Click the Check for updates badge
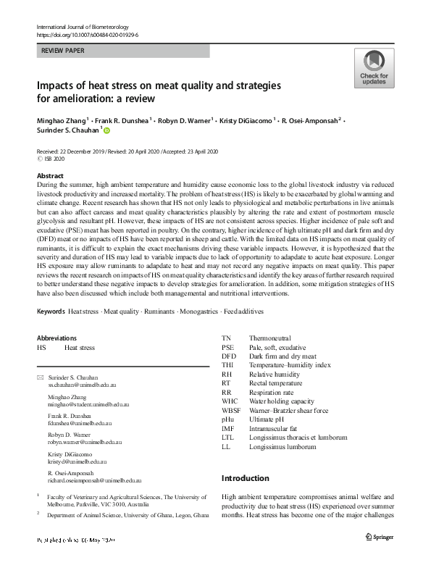(374, 68)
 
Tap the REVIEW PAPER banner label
(64, 51)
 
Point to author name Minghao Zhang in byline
(62, 120)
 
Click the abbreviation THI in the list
(227, 366)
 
